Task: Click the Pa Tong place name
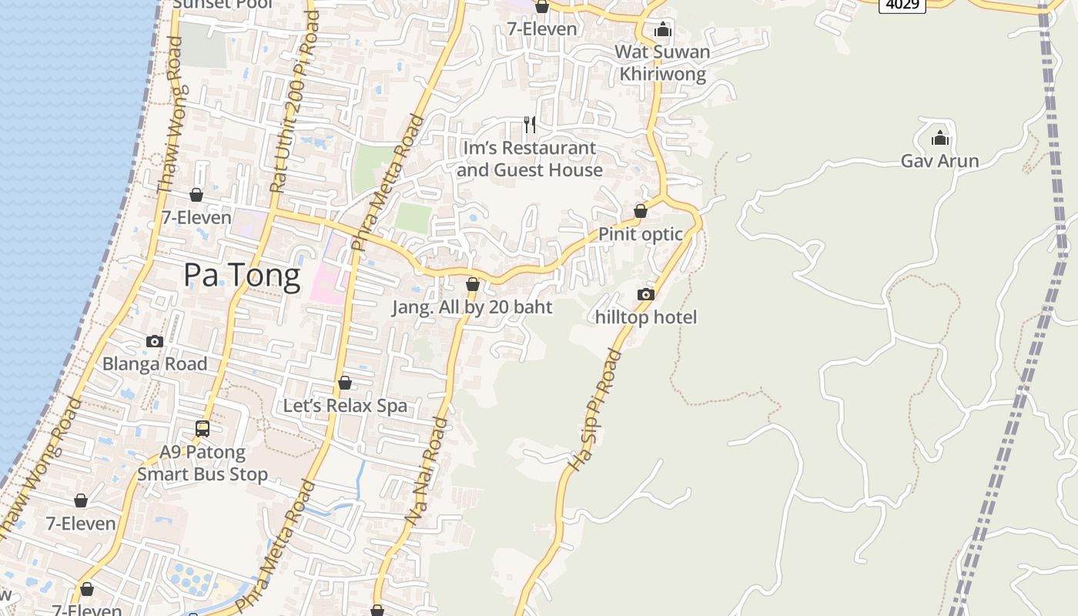(x=242, y=276)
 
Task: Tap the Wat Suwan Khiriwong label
(x=662, y=63)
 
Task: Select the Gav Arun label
(x=939, y=161)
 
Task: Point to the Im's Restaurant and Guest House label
(x=529, y=159)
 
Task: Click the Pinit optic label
(x=641, y=234)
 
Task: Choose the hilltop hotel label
(x=645, y=317)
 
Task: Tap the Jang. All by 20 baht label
(x=472, y=307)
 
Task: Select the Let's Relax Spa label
(x=345, y=406)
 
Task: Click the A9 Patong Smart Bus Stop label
(x=203, y=463)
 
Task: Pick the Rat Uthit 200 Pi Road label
(x=295, y=102)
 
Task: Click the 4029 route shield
(x=902, y=5)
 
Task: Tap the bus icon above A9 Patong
(x=203, y=429)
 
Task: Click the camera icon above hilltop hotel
(x=646, y=294)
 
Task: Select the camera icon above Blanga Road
(x=155, y=341)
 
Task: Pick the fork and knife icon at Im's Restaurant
(x=530, y=125)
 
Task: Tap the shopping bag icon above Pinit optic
(x=641, y=211)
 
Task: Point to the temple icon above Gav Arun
(x=939, y=139)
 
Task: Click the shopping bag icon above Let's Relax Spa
(x=345, y=383)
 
